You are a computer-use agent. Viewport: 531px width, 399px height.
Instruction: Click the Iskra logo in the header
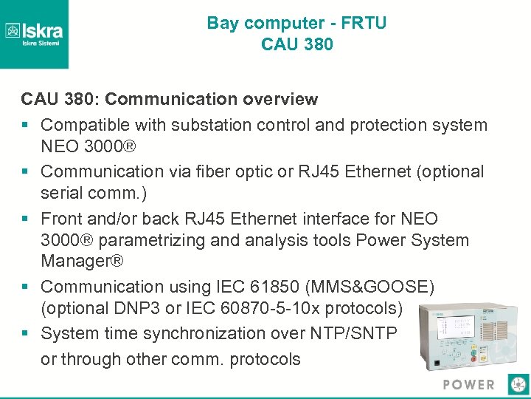point(34,33)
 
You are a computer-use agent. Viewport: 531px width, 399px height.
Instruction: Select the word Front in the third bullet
point(62,219)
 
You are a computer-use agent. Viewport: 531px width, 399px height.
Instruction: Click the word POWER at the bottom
point(469,384)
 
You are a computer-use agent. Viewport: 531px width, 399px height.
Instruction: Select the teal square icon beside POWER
point(519,383)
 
